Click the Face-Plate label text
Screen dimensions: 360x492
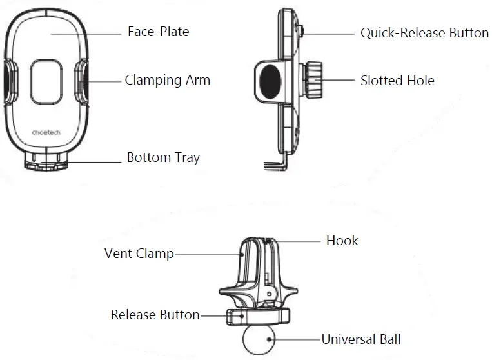(158, 32)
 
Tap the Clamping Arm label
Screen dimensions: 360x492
(167, 80)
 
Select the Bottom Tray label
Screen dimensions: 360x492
(163, 157)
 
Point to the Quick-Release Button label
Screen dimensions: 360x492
(424, 33)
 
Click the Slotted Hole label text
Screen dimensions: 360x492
(397, 81)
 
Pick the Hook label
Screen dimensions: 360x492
(342, 241)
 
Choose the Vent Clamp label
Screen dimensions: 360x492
(139, 254)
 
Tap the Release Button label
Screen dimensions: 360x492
(155, 315)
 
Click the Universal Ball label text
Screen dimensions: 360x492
(361, 339)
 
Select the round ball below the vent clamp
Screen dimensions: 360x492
(258, 339)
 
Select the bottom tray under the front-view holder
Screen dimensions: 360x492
(46, 161)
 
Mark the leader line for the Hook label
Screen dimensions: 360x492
(299, 241)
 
